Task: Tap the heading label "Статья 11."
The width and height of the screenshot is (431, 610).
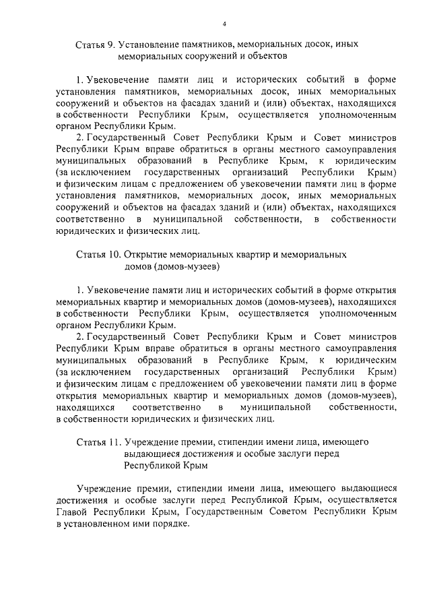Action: (98, 442)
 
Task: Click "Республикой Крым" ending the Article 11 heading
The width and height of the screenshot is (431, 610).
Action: (166, 465)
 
